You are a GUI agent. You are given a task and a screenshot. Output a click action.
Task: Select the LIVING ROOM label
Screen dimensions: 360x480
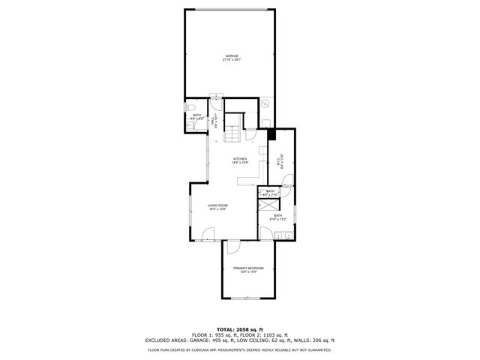217,206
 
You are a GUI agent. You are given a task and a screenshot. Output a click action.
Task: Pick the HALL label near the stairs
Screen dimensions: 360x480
213,119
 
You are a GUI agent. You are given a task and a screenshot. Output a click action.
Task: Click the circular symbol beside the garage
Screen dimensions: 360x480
265,104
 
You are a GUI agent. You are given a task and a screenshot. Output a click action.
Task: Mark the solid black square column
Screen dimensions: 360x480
271,135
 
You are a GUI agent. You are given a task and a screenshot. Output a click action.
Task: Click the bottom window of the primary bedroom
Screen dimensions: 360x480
244,298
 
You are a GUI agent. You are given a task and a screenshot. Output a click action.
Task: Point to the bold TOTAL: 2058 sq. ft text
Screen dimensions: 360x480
239,329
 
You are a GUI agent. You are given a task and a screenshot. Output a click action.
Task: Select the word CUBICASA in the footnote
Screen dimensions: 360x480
207,349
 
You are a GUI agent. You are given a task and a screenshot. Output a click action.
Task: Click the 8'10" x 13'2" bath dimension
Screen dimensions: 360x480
277,220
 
